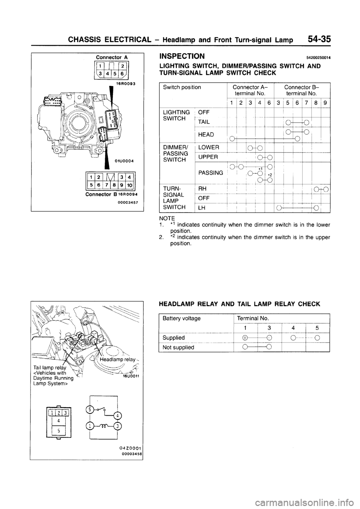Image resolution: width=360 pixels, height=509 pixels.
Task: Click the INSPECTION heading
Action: pyautogui.click(x=182, y=57)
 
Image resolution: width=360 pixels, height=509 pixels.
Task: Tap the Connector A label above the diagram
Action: pyautogui.click(x=112, y=57)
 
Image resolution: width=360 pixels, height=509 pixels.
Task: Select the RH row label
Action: pyautogui.click(x=202, y=189)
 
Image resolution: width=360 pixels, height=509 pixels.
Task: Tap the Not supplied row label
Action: pyautogui.click(x=178, y=347)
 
